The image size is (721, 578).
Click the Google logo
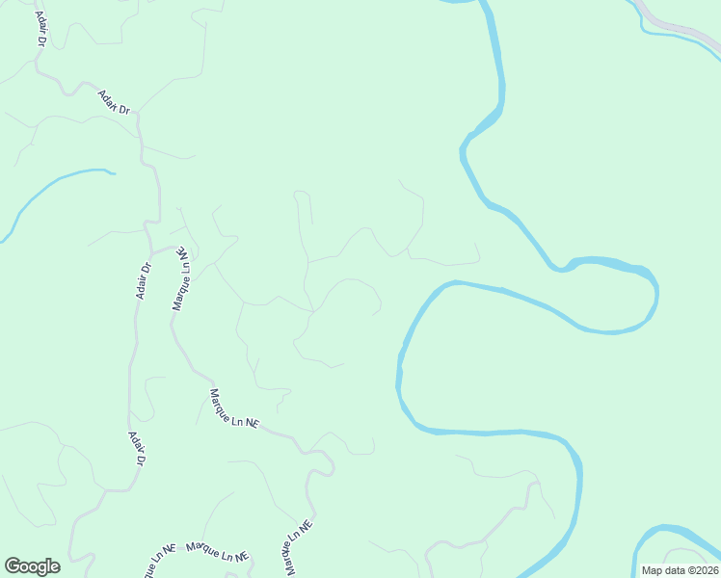32,566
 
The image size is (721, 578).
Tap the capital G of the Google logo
13,566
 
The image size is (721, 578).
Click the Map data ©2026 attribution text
680,570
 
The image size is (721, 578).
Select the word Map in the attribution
652,570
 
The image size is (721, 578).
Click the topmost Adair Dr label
114,102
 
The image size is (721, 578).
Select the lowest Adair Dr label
137,449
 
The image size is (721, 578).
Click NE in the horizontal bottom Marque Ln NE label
241,556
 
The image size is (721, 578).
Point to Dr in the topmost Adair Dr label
122,109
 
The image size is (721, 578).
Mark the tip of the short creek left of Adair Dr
113,173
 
